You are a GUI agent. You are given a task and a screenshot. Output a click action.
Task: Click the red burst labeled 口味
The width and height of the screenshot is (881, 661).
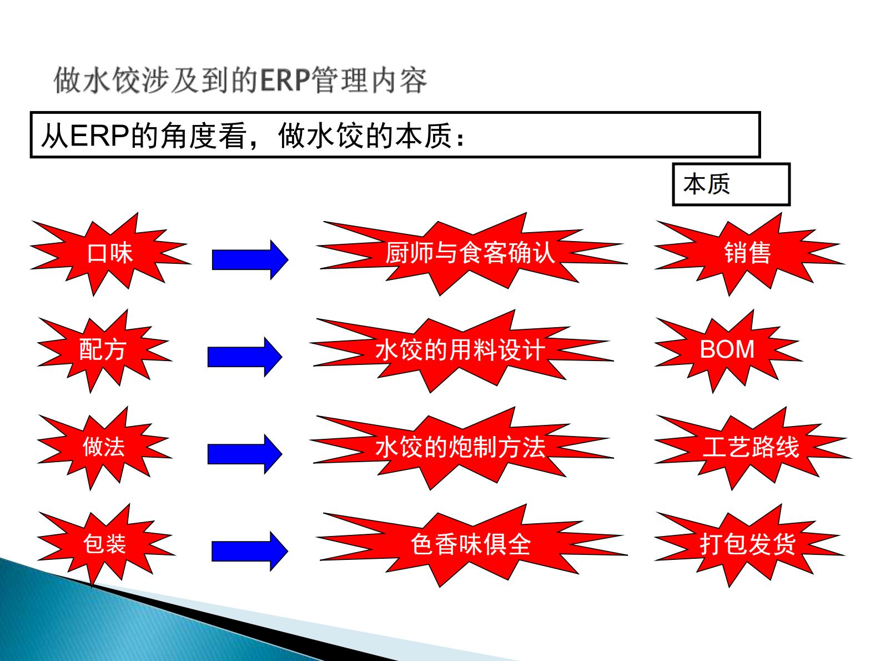click(109, 253)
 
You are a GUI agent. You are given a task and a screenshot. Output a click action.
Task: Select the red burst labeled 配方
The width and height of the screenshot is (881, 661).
click(103, 350)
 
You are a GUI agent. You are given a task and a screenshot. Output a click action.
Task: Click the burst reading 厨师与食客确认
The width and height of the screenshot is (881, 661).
click(470, 253)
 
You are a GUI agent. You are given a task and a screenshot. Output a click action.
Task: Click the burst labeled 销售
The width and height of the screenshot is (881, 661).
click(747, 253)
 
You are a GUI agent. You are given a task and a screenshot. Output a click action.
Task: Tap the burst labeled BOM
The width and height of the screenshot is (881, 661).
click(727, 350)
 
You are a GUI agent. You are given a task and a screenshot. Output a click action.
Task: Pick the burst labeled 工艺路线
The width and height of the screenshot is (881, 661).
click(751, 447)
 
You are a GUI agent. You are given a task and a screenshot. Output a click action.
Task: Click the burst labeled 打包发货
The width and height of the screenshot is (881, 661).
click(747, 544)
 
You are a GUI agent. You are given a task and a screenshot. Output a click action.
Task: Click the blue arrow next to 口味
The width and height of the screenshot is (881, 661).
click(249, 259)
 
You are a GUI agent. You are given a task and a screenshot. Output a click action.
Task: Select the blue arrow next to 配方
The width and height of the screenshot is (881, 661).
click(244, 357)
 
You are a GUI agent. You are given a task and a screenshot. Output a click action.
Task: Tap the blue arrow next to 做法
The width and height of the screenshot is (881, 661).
click(244, 453)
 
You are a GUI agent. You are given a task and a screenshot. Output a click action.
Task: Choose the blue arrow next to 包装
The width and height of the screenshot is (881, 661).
click(249, 550)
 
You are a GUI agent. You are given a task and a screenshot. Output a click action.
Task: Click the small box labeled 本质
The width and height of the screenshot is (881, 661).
click(730, 184)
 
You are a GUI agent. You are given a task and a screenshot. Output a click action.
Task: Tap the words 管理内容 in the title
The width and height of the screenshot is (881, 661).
click(369, 81)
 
